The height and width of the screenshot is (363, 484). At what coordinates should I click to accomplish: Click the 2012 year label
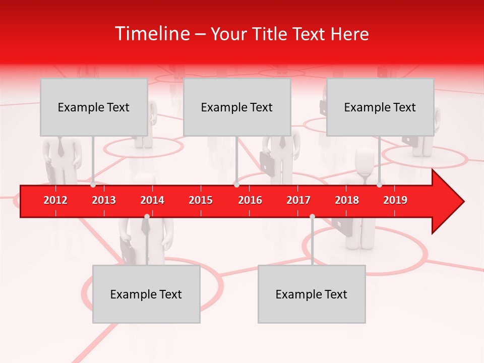click(55, 200)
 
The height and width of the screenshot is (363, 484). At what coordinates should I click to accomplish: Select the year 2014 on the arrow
click(152, 200)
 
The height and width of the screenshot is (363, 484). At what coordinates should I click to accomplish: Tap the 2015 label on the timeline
click(201, 200)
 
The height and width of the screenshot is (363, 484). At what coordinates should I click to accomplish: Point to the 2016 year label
click(250, 200)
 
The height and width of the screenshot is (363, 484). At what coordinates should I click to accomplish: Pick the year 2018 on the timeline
click(347, 200)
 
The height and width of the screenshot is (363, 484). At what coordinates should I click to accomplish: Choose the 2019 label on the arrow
click(395, 200)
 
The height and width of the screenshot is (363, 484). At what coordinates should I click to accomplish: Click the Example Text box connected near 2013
click(94, 107)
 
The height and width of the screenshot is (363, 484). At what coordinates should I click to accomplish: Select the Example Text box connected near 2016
click(237, 107)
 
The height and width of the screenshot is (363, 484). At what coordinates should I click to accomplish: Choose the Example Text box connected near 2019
click(380, 107)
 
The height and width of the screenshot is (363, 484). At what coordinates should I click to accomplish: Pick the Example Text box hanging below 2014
click(146, 294)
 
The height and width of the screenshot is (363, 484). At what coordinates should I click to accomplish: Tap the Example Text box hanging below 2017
click(312, 294)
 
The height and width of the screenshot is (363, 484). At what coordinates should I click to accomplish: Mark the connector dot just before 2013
click(93, 185)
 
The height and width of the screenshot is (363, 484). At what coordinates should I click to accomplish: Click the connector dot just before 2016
click(236, 185)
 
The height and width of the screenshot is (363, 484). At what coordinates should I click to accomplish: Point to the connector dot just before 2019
click(380, 185)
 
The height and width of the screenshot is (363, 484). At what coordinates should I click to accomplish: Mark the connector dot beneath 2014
click(147, 216)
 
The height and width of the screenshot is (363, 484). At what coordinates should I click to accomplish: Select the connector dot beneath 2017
click(312, 216)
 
